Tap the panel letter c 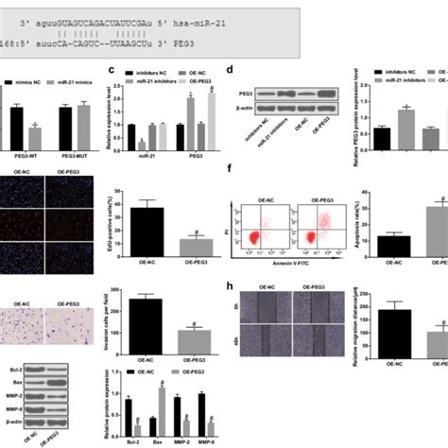pos(112,70)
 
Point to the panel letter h pos(231,284)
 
